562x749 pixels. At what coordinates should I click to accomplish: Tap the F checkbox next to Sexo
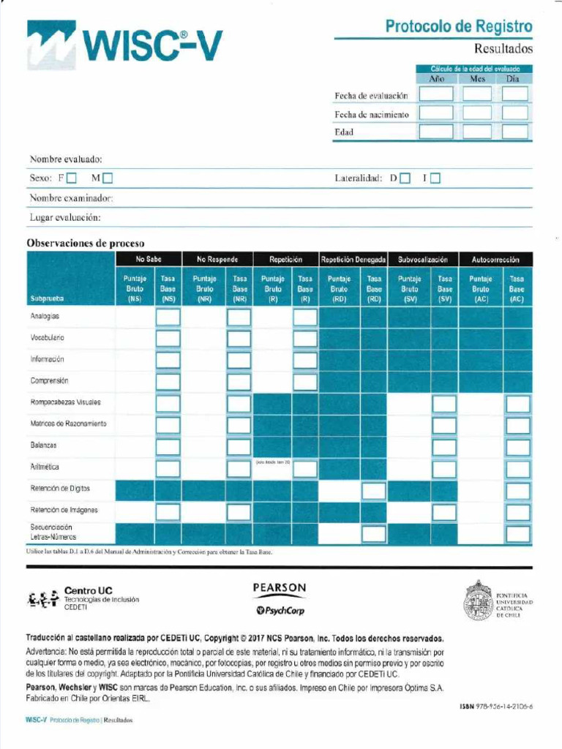72,178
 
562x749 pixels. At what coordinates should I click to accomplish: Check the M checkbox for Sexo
108,178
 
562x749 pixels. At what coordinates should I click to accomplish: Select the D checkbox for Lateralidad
405,178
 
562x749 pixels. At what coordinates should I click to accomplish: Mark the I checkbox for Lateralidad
435,178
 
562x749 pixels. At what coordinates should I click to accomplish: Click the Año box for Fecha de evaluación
435,94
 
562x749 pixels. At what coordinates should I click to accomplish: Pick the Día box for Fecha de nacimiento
515,113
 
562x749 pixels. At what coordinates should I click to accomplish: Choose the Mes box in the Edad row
477,132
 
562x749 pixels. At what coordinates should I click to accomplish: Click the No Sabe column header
149,260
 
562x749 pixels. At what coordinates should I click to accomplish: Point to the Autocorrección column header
495,260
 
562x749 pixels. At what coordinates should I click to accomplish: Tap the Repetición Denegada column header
353,260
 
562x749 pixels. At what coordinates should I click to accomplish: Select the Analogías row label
45,317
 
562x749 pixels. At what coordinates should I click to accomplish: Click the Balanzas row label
44,445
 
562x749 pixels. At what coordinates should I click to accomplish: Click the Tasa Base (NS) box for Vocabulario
168,339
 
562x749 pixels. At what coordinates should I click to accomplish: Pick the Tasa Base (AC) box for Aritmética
517,468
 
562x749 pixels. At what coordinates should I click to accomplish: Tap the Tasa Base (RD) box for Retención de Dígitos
374,490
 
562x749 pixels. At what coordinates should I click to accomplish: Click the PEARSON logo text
280,588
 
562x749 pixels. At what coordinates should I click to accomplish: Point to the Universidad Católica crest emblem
478,601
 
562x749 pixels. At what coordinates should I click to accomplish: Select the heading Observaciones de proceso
86,243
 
